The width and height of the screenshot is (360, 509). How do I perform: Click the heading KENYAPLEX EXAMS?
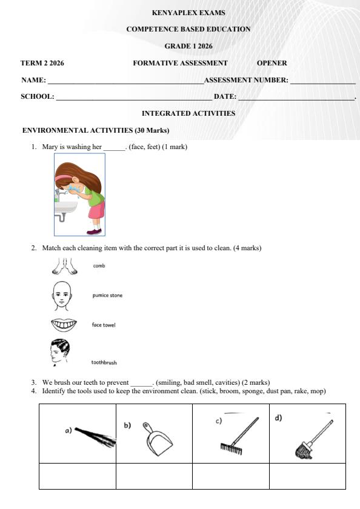(188, 13)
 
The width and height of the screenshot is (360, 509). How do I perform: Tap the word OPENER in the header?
(272, 63)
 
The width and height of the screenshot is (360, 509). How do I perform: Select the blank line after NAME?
(125, 81)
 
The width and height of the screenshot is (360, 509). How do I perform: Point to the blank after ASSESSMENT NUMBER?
(322, 81)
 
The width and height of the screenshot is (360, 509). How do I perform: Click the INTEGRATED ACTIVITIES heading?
(188, 113)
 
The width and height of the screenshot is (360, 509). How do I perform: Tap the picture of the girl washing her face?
(79, 194)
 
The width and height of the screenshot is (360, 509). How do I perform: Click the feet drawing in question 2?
(65, 266)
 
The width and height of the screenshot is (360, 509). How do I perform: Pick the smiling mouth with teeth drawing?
(64, 325)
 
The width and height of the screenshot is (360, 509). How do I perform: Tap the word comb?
(99, 265)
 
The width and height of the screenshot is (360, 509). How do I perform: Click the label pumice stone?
(107, 296)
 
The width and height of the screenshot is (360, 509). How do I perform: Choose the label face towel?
(104, 325)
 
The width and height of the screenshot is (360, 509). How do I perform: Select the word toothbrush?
(104, 362)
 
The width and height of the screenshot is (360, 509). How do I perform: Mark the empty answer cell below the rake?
(231, 476)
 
